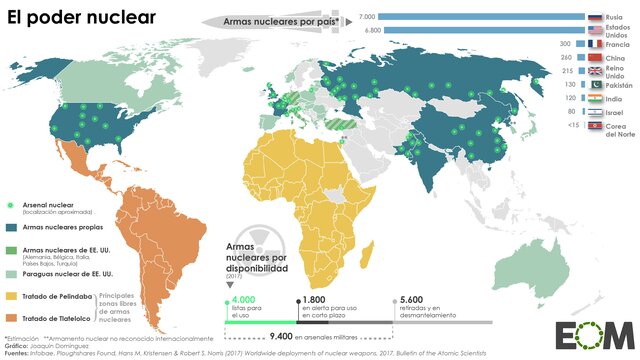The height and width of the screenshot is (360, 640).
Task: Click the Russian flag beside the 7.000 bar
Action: click(x=596, y=17)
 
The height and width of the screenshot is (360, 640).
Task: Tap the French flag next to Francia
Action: click(x=595, y=45)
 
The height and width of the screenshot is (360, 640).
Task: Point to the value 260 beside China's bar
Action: click(x=565, y=58)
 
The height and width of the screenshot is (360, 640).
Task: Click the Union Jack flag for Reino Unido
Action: click(x=595, y=73)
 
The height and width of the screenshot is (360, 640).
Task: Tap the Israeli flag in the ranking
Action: click(x=595, y=114)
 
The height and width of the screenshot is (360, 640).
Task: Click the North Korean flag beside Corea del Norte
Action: click(x=595, y=128)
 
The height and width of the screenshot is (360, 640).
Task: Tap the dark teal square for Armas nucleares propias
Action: click(x=13, y=228)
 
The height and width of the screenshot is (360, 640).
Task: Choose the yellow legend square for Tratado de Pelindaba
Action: click(x=13, y=296)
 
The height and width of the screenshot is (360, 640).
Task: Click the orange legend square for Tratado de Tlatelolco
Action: click(x=13, y=318)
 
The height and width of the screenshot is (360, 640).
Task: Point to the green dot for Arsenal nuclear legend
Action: click(x=13, y=205)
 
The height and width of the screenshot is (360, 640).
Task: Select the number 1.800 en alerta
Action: click(x=314, y=299)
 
